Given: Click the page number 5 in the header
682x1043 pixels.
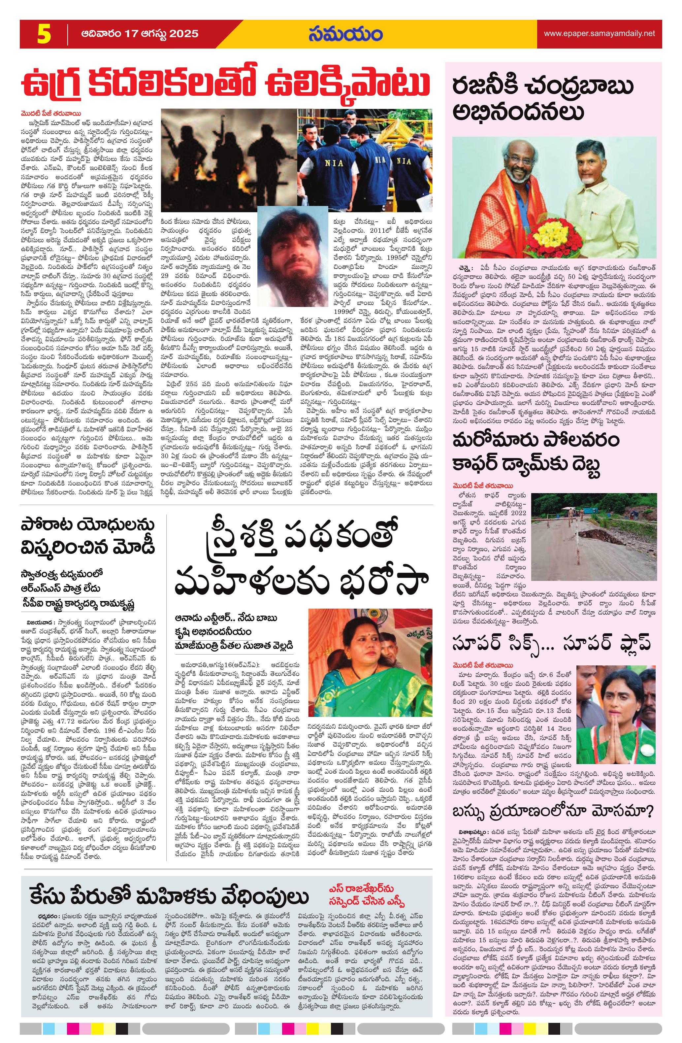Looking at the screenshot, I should point(44,34).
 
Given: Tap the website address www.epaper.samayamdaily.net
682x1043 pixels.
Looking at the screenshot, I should point(599,34).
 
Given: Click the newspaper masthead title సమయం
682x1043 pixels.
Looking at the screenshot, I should point(345,34).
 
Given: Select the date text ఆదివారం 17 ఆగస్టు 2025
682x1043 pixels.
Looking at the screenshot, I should point(139,34).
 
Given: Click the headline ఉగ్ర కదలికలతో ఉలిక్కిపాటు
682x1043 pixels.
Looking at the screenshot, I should point(226,83).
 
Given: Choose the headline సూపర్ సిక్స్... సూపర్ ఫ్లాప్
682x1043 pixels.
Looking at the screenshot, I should point(551,643).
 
